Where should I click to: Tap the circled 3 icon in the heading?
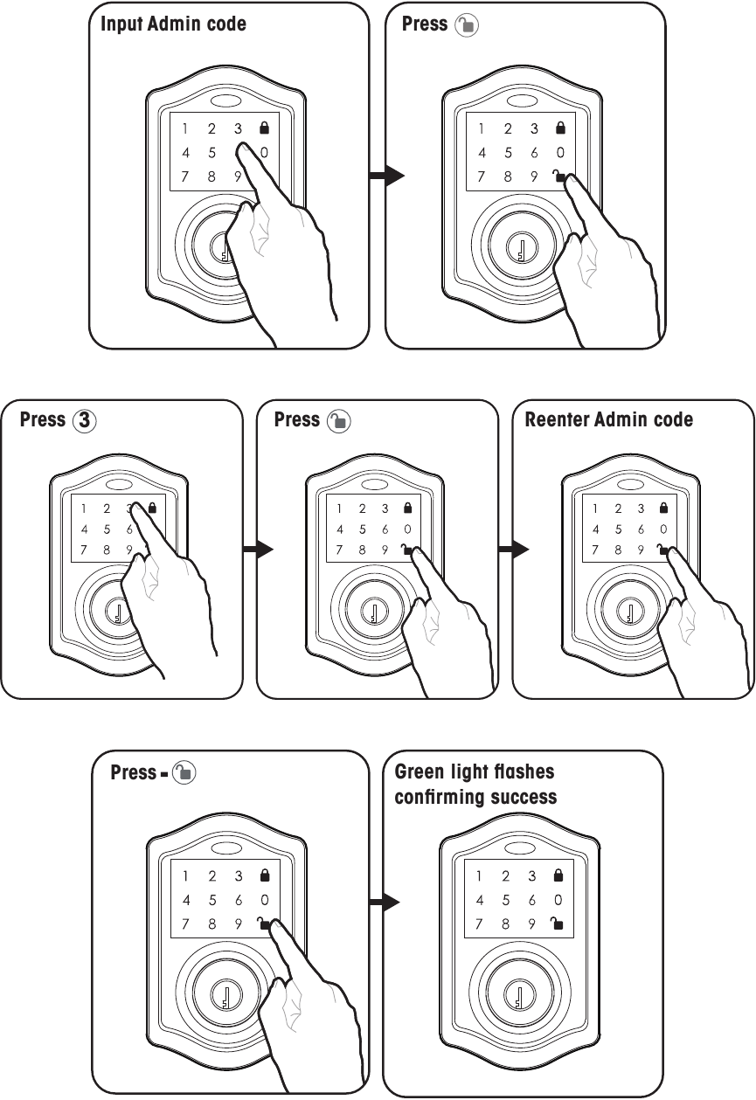point(84,420)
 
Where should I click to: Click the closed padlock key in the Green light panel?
point(558,875)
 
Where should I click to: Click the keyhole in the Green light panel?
point(518,996)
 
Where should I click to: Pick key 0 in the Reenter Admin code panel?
point(663,529)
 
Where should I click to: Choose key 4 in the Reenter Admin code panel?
point(596,529)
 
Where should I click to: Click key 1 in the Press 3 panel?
point(84,508)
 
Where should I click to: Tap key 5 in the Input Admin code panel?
point(212,153)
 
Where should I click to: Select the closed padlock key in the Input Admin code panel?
point(264,128)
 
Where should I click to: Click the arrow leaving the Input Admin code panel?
point(385,176)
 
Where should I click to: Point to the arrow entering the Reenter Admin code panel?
point(514,550)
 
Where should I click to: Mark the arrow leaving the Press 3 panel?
point(258,550)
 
